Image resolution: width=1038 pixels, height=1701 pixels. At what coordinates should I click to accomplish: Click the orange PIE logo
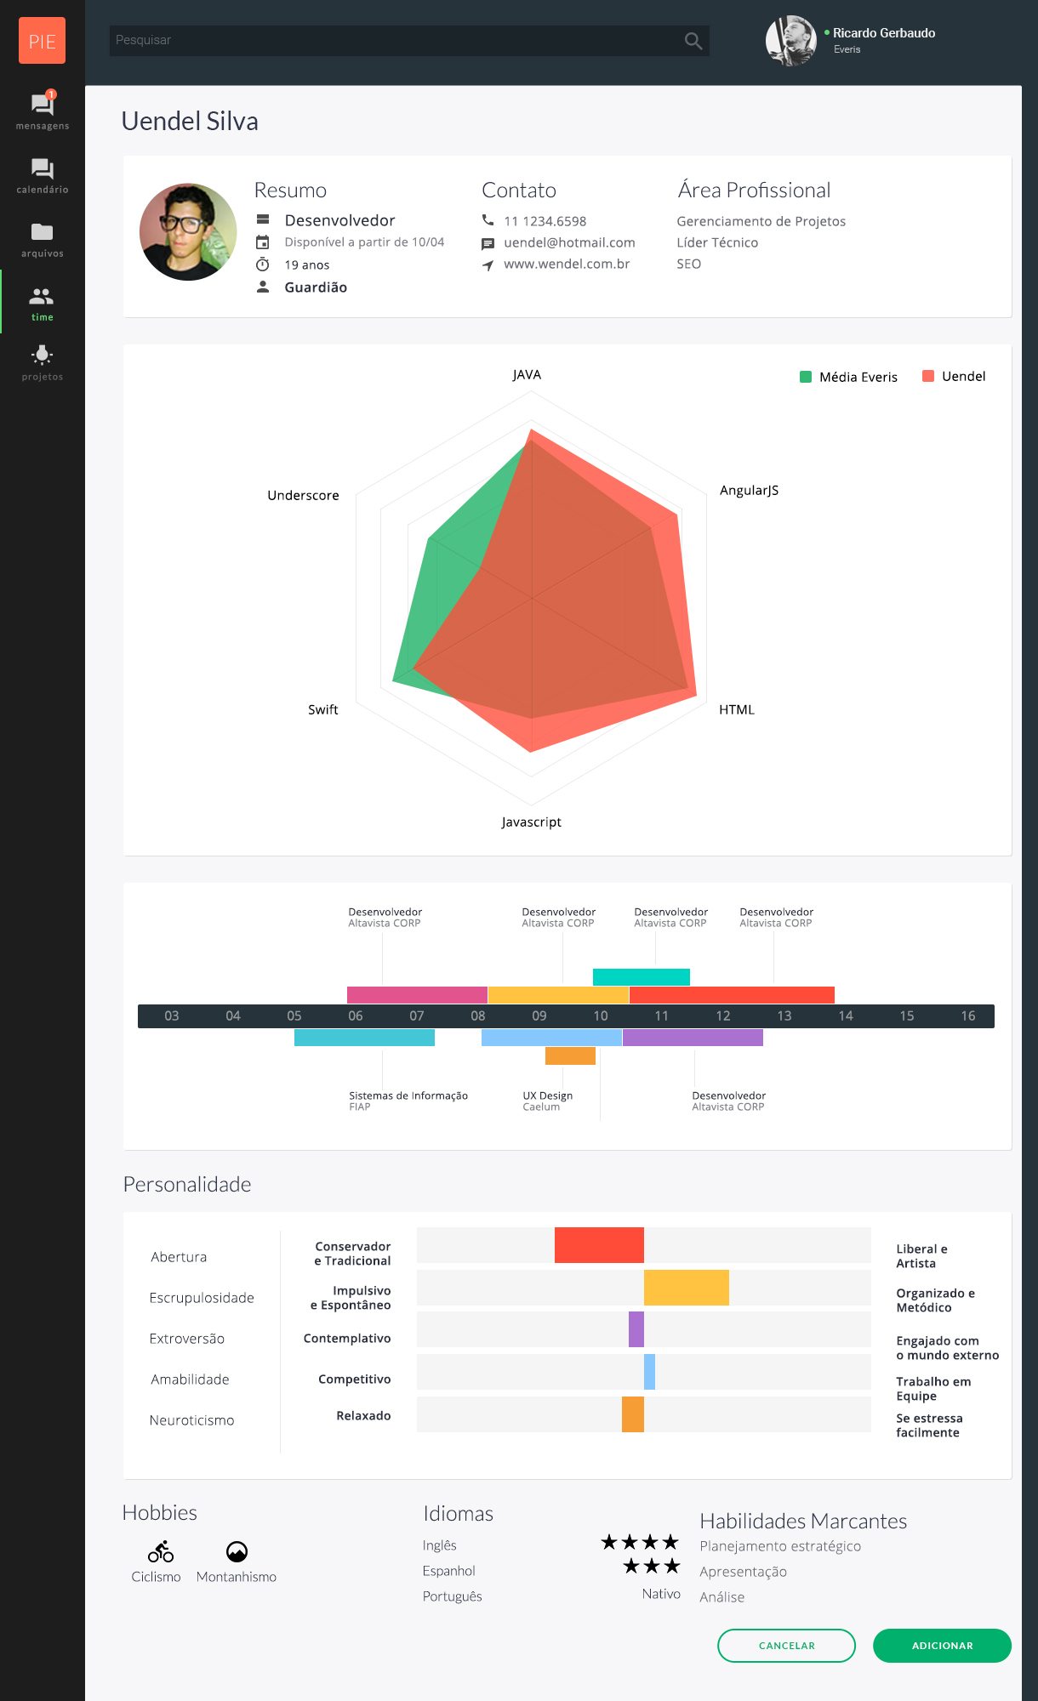click(x=42, y=41)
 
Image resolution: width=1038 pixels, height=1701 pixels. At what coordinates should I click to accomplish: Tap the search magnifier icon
click(x=693, y=41)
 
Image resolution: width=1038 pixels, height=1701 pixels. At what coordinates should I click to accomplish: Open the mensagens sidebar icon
click(x=42, y=105)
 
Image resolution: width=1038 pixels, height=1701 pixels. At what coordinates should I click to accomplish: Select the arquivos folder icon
click(x=42, y=232)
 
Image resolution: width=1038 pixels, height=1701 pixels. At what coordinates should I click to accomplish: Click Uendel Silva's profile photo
click(x=188, y=232)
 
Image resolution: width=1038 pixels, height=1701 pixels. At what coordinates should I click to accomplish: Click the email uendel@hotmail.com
click(x=569, y=243)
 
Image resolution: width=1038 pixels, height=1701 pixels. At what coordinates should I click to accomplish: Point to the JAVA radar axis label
click(x=527, y=375)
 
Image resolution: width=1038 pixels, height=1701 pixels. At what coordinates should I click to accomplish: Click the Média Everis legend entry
click(x=849, y=377)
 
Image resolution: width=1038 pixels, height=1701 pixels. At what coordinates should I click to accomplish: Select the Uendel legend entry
click(x=955, y=377)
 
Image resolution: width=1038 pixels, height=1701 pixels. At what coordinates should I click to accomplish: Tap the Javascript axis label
click(x=531, y=822)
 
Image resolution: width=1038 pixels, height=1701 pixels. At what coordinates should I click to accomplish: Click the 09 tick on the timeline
click(x=539, y=1016)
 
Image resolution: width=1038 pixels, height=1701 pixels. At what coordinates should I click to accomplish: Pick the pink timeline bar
click(x=417, y=995)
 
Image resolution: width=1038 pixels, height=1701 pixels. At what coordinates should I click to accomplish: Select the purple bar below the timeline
click(x=693, y=1038)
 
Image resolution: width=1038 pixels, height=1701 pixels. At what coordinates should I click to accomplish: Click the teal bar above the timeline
click(x=641, y=977)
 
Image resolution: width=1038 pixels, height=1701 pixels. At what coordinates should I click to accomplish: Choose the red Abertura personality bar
click(x=599, y=1245)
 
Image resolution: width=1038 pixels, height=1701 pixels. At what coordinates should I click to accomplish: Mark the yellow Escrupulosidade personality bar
click(x=686, y=1288)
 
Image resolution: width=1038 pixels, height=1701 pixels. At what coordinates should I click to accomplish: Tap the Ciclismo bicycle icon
click(x=160, y=1552)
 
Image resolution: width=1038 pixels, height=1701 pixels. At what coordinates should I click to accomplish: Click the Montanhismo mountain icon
click(x=237, y=1552)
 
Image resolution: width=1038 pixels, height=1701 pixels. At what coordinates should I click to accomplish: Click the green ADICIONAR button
click(x=942, y=1646)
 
